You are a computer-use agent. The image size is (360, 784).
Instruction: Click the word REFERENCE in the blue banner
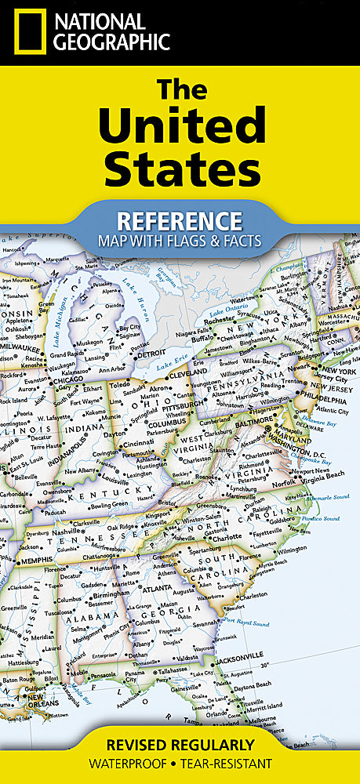[x=180, y=219]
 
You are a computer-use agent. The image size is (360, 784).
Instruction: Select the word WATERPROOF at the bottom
[x=133, y=763]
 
